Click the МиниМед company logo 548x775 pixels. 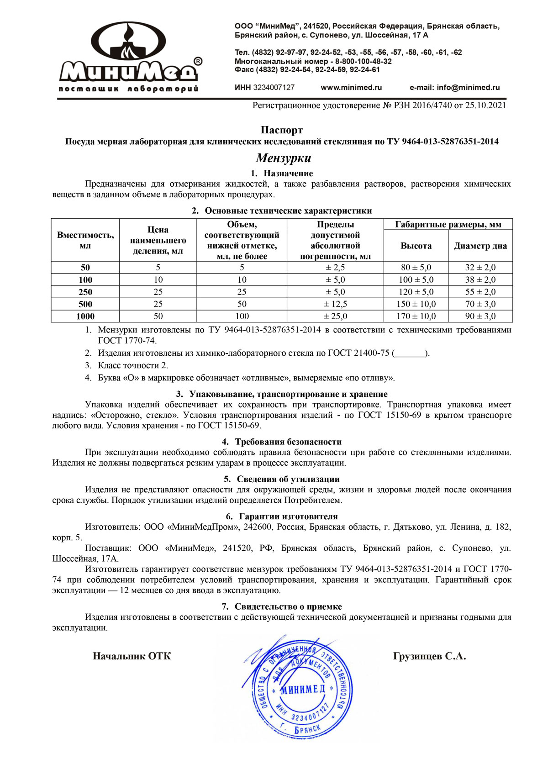[129, 57]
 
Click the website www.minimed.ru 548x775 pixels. [351, 87]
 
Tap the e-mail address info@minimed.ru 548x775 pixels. [468, 87]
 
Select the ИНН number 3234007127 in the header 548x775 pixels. [274, 87]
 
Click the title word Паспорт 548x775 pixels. [282, 130]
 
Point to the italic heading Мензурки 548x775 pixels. [283, 158]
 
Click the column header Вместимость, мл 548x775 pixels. [85, 240]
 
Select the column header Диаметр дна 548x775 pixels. [480, 246]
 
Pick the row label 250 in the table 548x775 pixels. [85, 292]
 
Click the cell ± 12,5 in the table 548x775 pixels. [335, 304]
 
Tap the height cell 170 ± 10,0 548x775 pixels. [416, 316]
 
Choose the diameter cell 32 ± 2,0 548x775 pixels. [480, 268]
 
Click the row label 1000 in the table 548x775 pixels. [85, 316]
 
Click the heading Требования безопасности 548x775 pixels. [288, 442]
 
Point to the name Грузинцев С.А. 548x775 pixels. [429, 656]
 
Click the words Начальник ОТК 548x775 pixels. [132, 656]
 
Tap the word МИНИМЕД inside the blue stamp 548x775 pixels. [303, 689]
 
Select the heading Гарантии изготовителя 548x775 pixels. [288, 517]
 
